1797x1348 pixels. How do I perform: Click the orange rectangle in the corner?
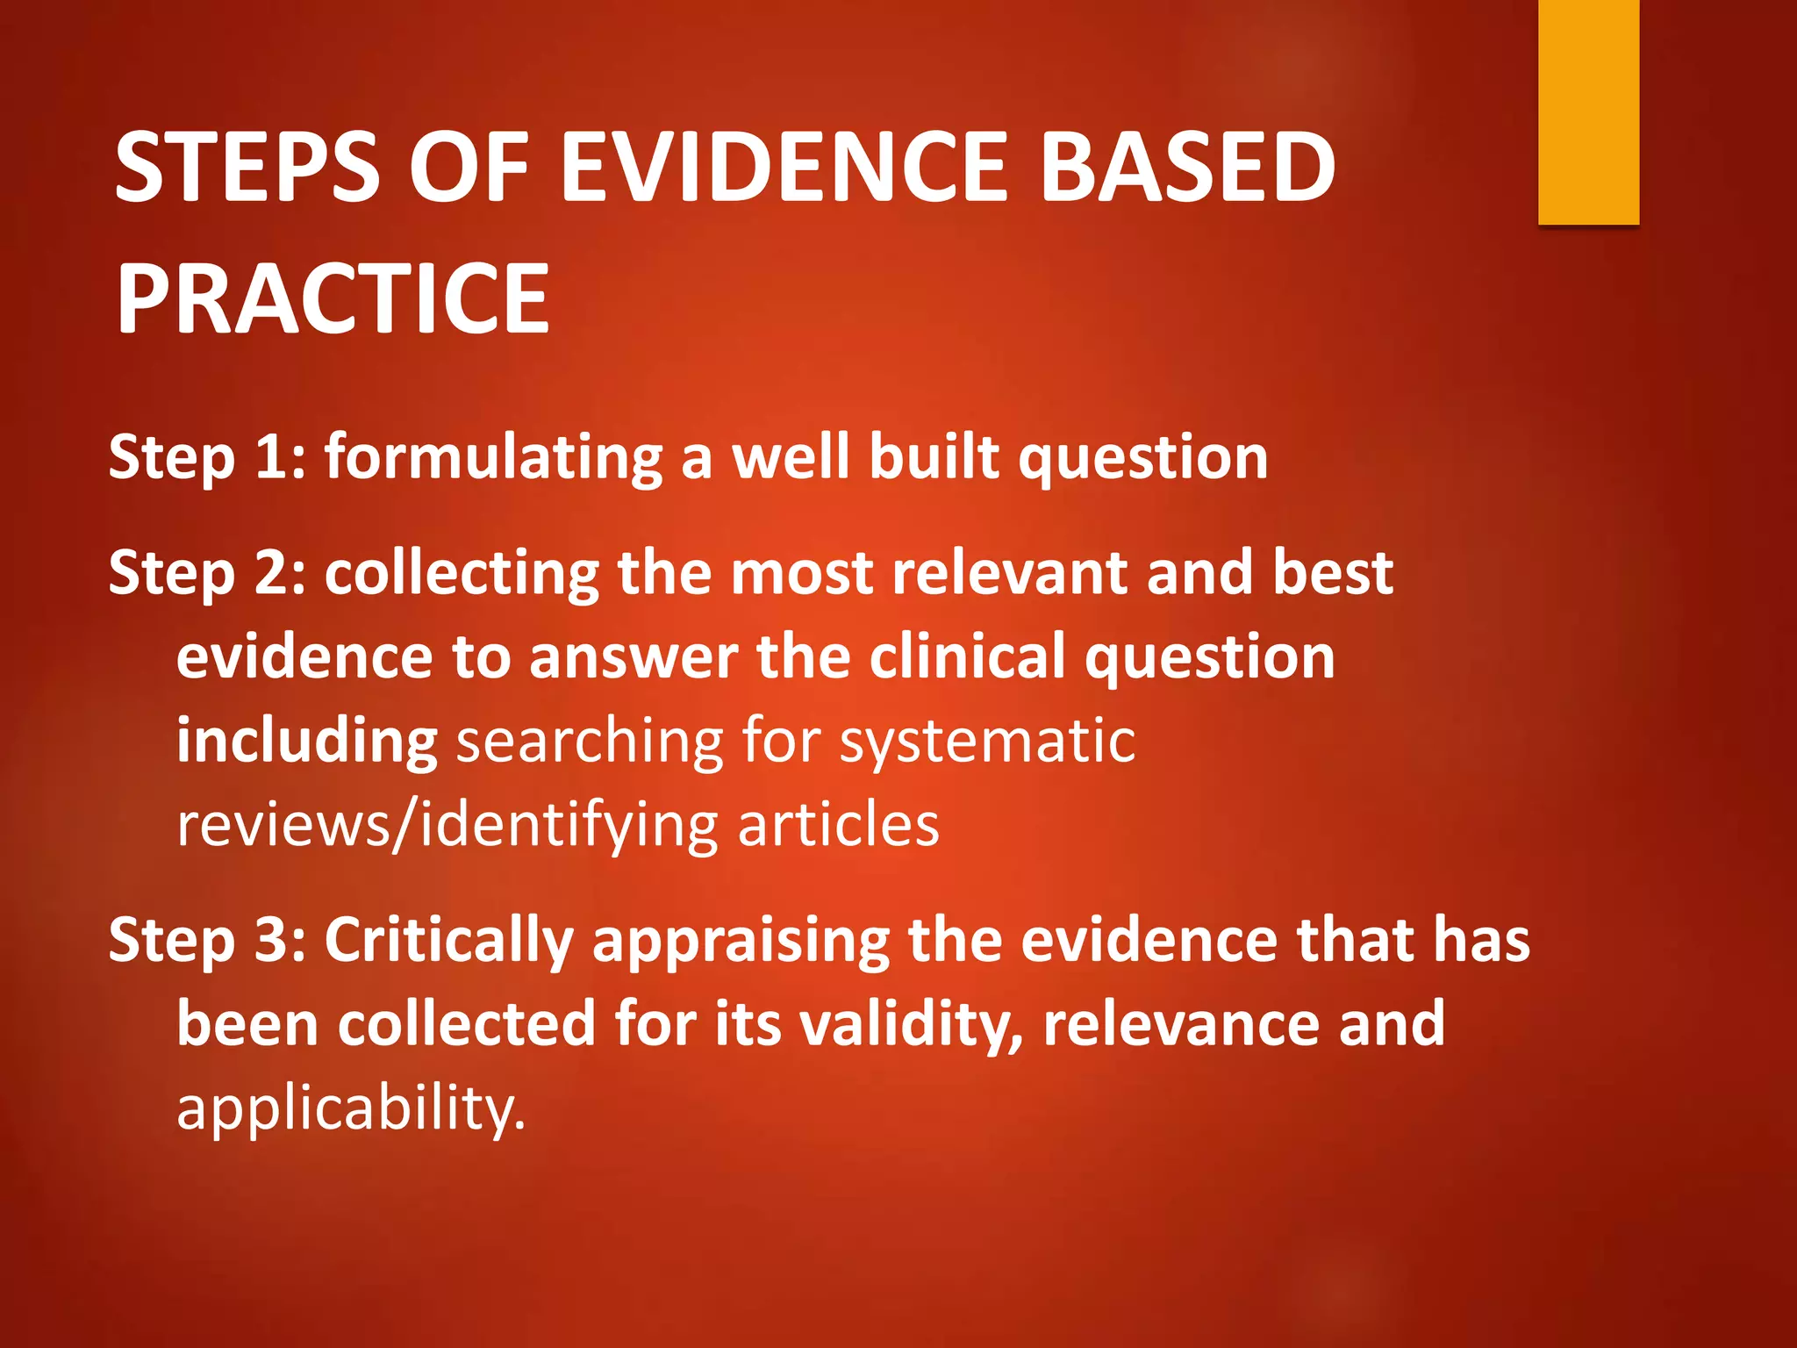pos(1588,111)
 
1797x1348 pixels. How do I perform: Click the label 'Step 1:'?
pos(207,458)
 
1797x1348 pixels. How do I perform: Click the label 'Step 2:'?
pos(207,574)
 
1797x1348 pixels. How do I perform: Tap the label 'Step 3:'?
pos(207,941)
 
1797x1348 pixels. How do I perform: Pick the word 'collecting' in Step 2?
pos(462,574)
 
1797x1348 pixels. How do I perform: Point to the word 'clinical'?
pos(966,657)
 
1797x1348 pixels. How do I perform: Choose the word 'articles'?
pos(838,825)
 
